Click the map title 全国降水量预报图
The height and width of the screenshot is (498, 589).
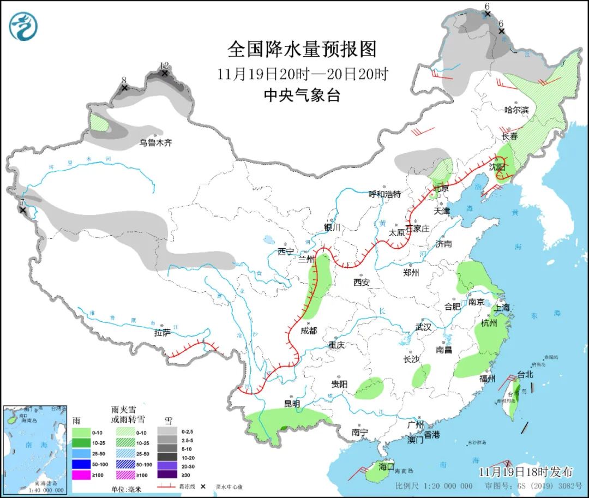coord(302,50)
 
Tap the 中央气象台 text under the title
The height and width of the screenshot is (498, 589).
coord(302,95)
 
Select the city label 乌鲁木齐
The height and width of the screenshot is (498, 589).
coord(155,143)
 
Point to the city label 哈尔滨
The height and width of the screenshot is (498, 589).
coord(516,110)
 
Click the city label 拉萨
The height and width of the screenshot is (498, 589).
coord(163,333)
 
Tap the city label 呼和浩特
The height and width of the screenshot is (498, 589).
coord(384,194)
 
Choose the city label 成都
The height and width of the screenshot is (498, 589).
coord(308,331)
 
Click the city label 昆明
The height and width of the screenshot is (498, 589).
coord(292,404)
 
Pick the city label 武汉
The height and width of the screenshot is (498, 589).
coord(423,327)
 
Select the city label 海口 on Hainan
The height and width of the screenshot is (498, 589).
coord(386,467)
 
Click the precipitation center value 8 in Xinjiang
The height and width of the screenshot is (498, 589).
coord(124,80)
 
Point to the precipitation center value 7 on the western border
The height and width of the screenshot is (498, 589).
coord(22,202)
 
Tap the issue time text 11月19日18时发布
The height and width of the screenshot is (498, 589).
coord(526,472)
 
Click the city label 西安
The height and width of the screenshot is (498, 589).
coord(361,282)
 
